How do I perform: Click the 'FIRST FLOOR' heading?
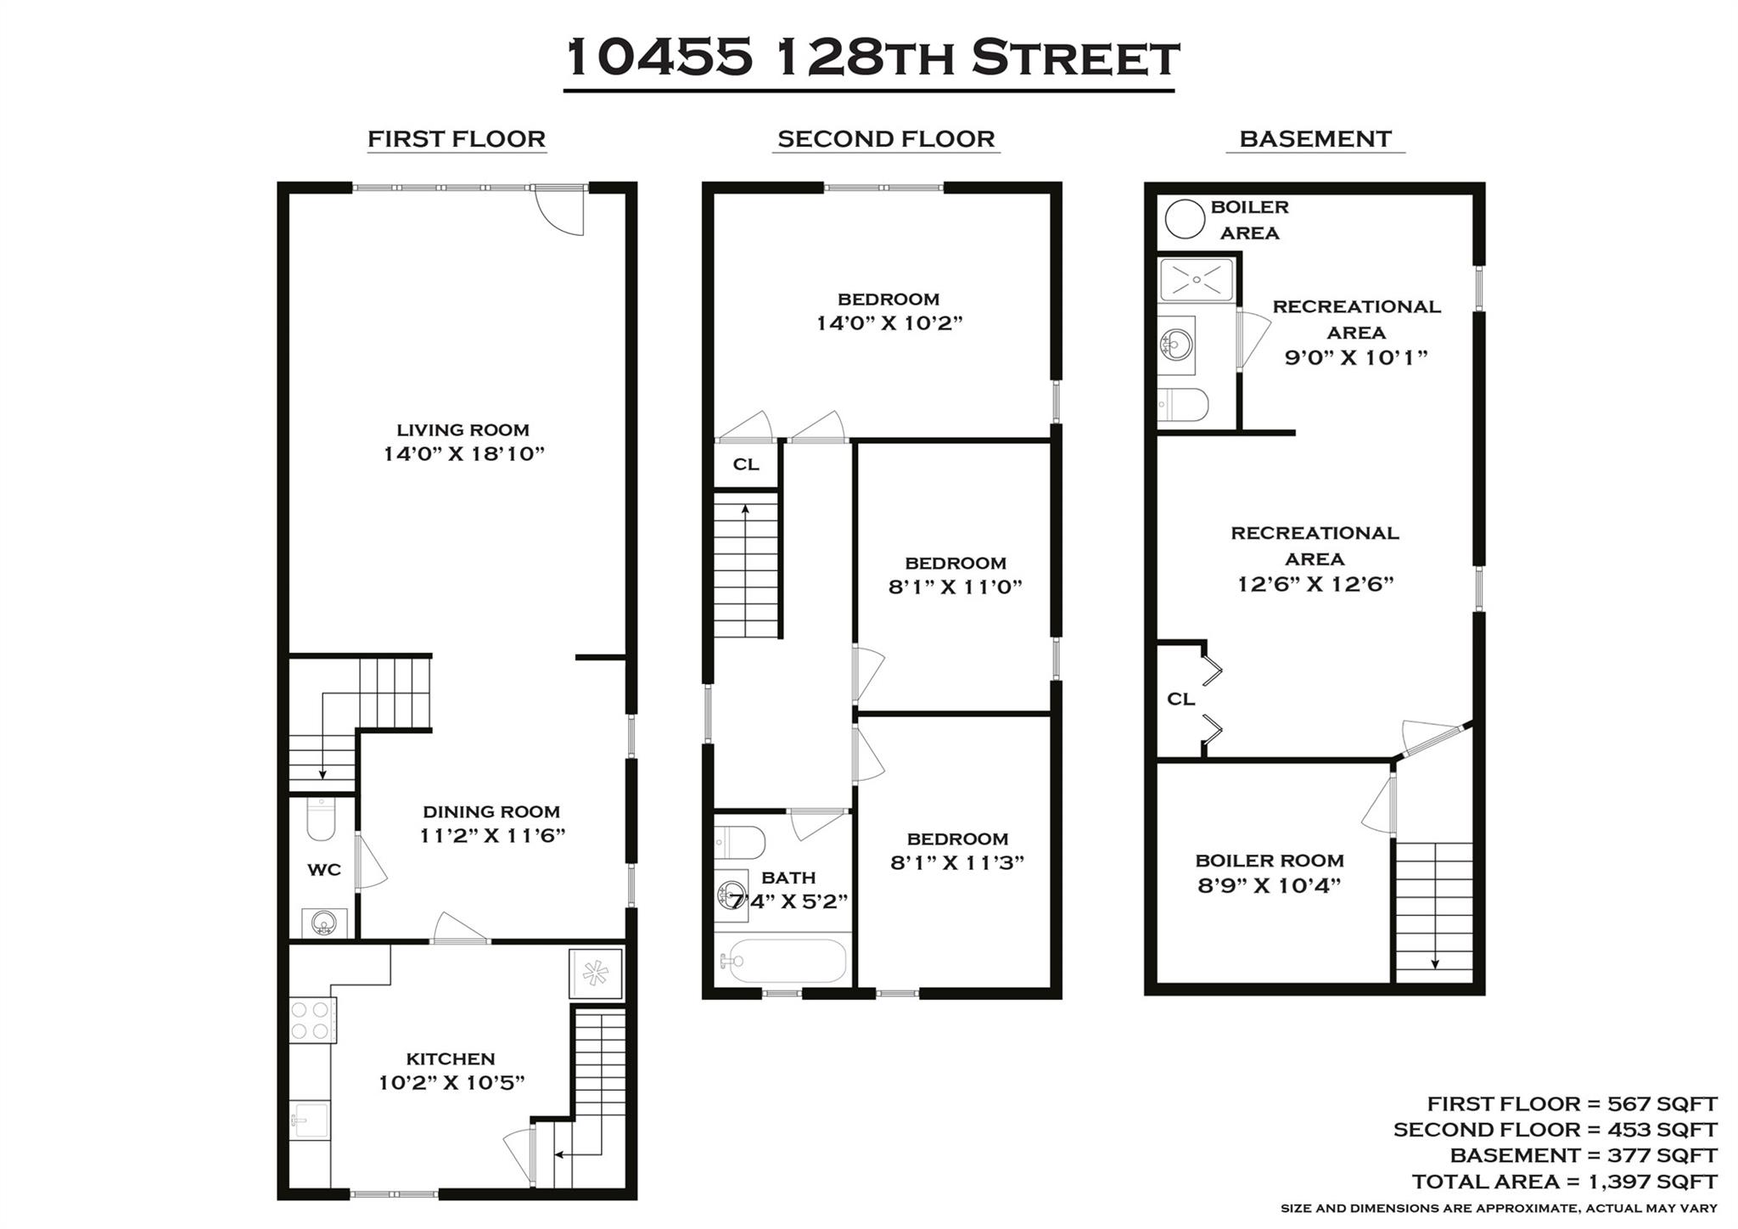point(456,139)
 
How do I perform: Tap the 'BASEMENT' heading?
point(1315,139)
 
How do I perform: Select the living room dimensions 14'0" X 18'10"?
point(463,454)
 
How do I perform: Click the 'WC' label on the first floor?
point(323,870)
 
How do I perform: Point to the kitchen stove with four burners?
point(311,1019)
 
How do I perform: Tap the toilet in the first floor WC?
point(321,818)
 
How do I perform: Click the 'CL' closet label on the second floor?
point(746,464)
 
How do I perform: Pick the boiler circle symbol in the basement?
point(1184,219)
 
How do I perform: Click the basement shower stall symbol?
point(1197,279)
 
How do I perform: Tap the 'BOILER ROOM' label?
point(1270,861)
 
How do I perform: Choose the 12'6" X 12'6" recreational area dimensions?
point(1315,585)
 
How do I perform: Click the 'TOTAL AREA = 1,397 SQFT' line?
point(1564,1181)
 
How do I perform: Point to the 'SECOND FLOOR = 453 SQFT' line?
point(1555,1130)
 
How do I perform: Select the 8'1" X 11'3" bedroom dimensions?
point(957,863)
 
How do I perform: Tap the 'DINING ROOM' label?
point(491,812)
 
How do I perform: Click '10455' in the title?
point(659,58)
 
